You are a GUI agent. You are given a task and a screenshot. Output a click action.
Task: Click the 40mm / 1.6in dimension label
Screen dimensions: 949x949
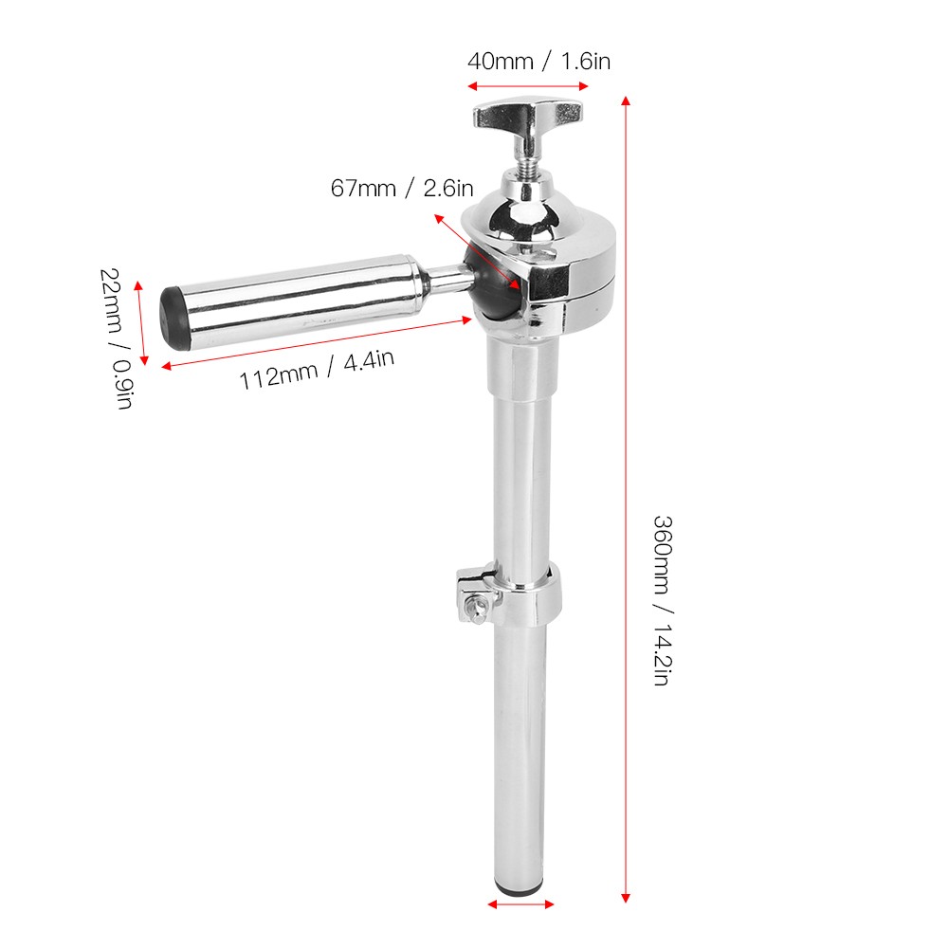tap(538, 62)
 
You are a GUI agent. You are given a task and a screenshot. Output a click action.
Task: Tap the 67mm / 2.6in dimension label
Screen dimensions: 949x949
tap(402, 189)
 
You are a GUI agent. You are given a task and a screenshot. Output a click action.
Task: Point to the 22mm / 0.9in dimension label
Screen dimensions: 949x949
tap(117, 338)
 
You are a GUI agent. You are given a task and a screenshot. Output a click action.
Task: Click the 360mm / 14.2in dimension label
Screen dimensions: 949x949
tap(664, 600)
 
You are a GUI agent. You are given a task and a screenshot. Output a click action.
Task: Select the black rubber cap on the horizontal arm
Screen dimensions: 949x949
tap(174, 319)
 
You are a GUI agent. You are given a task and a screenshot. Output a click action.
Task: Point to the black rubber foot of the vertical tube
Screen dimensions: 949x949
tap(520, 888)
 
